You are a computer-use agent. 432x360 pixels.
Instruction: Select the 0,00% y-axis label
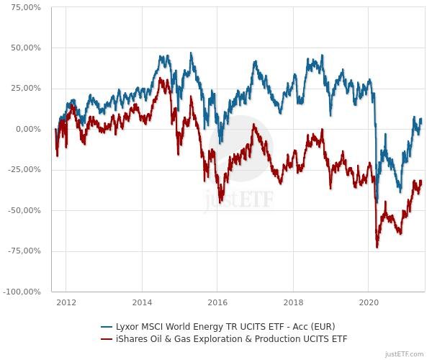coord(30,130)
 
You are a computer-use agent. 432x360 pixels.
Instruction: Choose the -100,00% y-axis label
coord(24,292)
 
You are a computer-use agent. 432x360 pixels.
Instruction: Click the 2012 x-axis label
coord(66,302)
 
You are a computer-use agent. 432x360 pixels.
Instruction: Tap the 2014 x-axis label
coord(142,302)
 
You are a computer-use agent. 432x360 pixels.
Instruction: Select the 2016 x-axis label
coord(217,302)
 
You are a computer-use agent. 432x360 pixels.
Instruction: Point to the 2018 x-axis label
coord(293,302)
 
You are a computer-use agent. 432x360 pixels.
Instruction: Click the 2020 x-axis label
coord(369,302)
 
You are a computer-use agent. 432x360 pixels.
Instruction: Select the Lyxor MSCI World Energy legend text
coord(225,326)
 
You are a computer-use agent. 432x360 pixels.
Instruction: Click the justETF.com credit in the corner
coord(405,354)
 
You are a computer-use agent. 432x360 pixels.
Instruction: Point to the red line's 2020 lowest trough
coord(377,248)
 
